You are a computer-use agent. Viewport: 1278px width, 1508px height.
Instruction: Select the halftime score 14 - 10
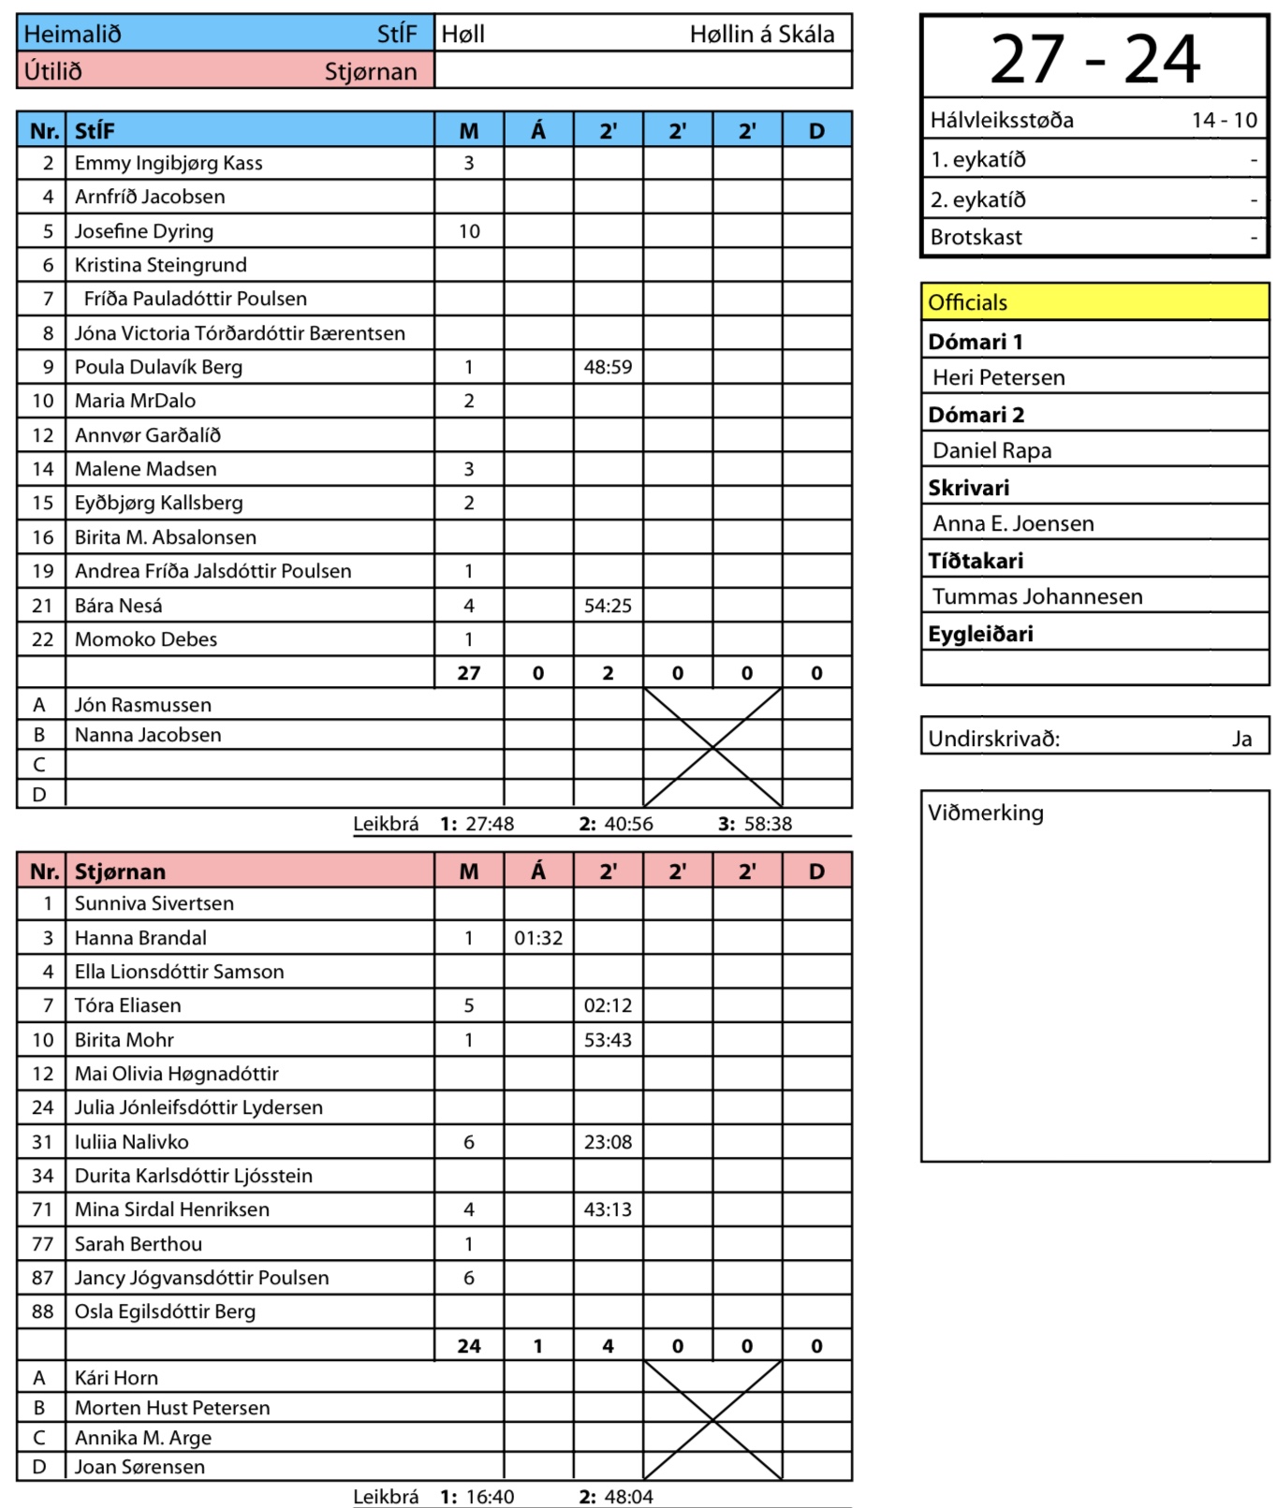[x=1224, y=120]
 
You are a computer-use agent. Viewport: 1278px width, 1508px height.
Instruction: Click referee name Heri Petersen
[x=998, y=377]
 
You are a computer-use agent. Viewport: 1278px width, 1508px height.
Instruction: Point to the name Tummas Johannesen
[x=1036, y=596]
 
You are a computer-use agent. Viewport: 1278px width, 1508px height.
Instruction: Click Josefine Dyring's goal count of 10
[x=469, y=231]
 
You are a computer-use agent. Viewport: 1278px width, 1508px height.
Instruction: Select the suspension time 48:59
[x=608, y=367]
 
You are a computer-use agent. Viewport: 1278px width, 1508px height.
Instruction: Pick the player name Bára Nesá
[x=118, y=606]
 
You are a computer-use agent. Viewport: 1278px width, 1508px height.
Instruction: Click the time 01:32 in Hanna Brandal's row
[x=538, y=938]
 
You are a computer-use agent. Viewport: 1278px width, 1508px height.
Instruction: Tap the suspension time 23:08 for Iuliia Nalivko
[x=608, y=1142]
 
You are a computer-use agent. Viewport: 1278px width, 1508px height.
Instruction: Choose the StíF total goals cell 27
[x=469, y=673]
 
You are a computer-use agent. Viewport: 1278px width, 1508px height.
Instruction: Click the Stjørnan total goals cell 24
[x=469, y=1346]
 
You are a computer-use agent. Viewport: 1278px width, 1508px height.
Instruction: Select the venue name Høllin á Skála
[x=761, y=35]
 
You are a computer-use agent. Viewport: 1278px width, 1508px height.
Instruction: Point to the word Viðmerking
[x=985, y=813]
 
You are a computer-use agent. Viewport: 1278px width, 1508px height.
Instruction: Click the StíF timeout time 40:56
[x=628, y=825]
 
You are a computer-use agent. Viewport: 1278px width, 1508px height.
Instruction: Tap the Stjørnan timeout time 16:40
[x=490, y=1497]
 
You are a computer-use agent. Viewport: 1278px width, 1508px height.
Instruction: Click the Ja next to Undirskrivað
[x=1241, y=739]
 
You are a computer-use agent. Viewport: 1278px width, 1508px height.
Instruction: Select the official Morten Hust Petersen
[x=172, y=1408]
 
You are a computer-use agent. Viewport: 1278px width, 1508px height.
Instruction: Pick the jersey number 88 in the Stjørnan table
[x=42, y=1311]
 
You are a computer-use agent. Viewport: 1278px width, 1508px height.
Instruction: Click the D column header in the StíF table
[x=816, y=131]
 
